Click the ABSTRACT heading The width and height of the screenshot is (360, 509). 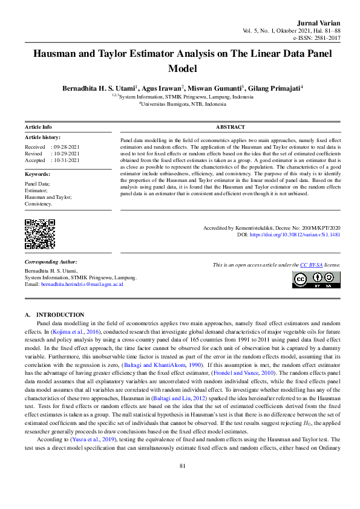click(x=230, y=128)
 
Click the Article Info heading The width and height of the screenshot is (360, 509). click(x=38, y=128)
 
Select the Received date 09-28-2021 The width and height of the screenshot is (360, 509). click(x=67, y=147)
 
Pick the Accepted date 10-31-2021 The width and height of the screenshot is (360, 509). click(x=67, y=161)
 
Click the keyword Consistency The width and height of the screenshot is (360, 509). click(x=38, y=204)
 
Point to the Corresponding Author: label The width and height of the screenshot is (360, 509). click(x=50, y=262)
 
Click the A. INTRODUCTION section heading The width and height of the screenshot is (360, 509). click(x=54, y=316)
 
